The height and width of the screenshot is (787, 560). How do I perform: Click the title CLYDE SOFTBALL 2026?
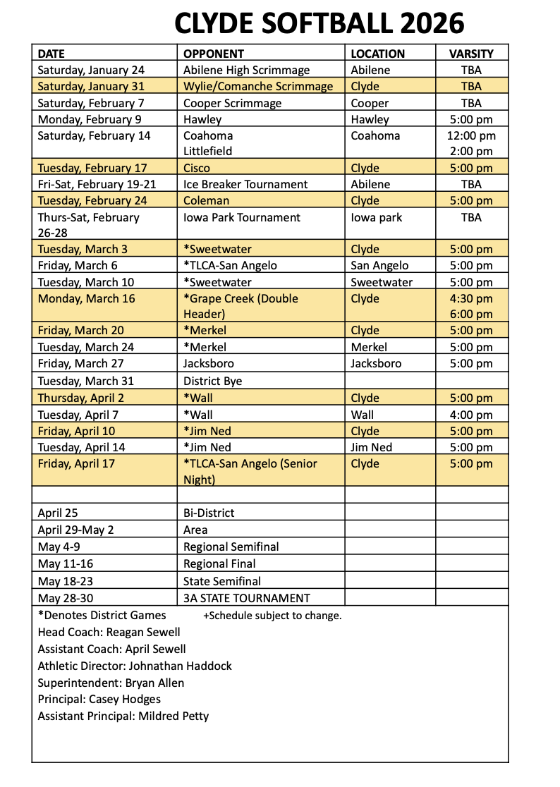(x=319, y=23)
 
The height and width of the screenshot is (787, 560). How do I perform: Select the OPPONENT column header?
(x=214, y=54)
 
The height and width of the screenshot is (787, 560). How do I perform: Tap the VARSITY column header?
(x=471, y=54)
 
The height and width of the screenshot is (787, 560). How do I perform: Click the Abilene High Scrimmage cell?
(x=246, y=70)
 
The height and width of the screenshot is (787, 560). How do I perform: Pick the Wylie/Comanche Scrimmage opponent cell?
(x=258, y=86)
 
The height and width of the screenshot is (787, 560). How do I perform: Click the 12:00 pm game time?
(x=471, y=135)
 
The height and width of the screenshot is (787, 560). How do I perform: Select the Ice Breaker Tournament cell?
(x=245, y=184)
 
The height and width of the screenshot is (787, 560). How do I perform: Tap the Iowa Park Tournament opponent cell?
(x=242, y=217)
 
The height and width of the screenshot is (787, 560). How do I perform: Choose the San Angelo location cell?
(x=379, y=265)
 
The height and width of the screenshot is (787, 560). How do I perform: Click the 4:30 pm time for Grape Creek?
(x=471, y=298)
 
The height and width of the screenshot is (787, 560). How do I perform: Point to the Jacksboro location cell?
(x=376, y=363)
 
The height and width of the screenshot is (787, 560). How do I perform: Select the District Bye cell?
(x=212, y=381)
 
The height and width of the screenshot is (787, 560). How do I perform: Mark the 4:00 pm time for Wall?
(x=471, y=415)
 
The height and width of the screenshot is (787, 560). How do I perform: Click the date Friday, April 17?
(x=76, y=463)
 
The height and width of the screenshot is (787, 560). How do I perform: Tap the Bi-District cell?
(x=209, y=513)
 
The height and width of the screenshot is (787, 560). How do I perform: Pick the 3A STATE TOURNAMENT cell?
(x=246, y=598)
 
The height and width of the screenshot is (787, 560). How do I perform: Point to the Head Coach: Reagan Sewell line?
(x=109, y=632)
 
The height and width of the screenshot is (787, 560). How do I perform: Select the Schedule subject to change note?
(x=272, y=616)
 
